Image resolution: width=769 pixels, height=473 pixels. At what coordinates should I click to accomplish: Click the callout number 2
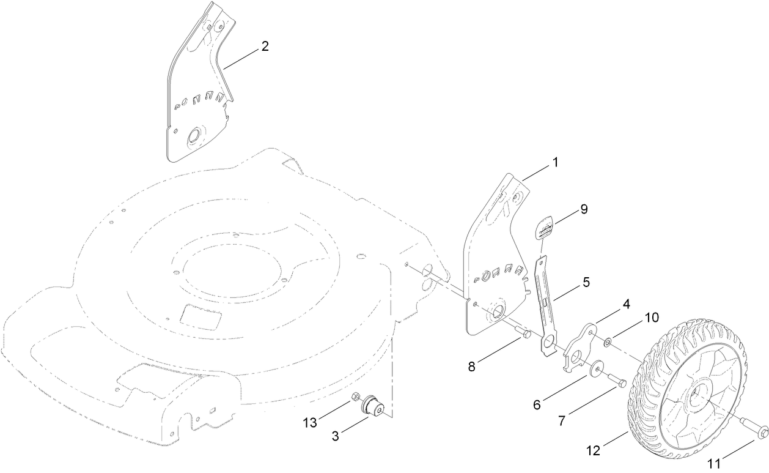coord(265,47)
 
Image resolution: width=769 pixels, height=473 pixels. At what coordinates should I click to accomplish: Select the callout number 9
coord(584,209)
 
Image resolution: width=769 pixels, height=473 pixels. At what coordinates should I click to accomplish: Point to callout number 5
coord(586,283)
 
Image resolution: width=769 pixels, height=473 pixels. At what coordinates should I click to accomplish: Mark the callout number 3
coord(336,436)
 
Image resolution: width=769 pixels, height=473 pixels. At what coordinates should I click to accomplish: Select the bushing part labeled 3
coord(372,406)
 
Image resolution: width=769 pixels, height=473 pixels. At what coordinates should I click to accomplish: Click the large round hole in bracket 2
coord(196,136)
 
